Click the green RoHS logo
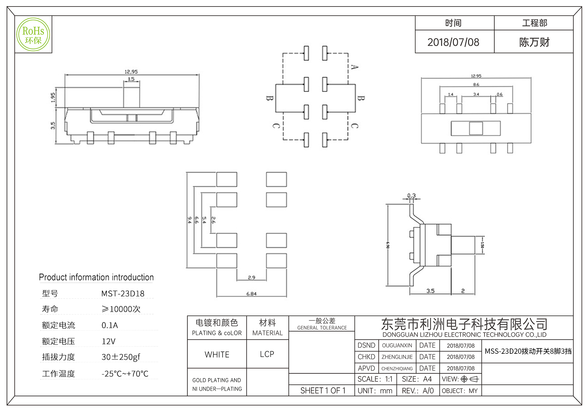[x=33, y=34]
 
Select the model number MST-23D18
[x=123, y=294]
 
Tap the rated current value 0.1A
[x=110, y=325]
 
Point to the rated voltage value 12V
[x=108, y=341]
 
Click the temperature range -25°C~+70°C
[x=125, y=374]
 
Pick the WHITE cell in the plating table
[x=217, y=355]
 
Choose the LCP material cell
[x=267, y=354]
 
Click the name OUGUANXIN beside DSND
[x=397, y=346]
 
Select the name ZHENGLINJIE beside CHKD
[x=397, y=357]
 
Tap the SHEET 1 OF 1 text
[x=323, y=391]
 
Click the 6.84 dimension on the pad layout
[x=251, y=294]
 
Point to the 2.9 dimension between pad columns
[x=251, y=277]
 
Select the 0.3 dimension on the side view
[x=411, y=196]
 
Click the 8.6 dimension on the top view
[x=476, y=85]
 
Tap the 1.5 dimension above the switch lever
[x=131, y=79]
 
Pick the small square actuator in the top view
[x=476, y=128]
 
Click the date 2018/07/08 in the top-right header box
[x=453, y=42]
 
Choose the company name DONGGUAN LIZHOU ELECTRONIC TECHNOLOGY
[x=464, y=335]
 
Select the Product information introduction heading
[x=96, y=277]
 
